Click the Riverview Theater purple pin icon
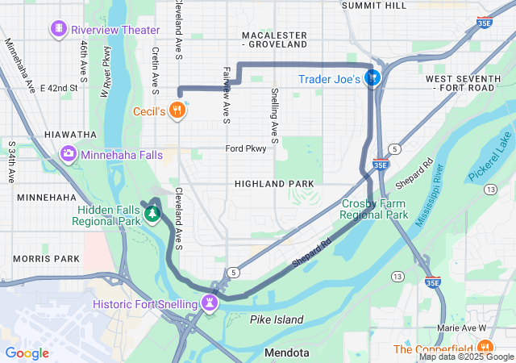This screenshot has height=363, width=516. pyautogui.click(x=59, y=31)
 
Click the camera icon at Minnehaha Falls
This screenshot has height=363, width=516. pyautogui.click(x=69, y=152)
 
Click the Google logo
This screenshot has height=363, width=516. pyautogui.click(x=27, y=353)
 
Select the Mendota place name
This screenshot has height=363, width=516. pyautogui.click(x=286, y=353)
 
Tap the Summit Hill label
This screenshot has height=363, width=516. pyautogui.click(x=373, y=6)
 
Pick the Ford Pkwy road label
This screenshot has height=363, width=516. pyautogui.click(x=245, y=148)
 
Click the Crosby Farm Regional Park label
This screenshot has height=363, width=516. pyautogui.click(x=373, y=210)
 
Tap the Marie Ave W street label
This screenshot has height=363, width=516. pyautogui.click(x=461, y=328)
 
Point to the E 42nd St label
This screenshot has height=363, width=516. pyautogui.click(x=63, y=87)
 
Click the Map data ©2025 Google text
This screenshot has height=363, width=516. pyautogui.click(x=465, y=357)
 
